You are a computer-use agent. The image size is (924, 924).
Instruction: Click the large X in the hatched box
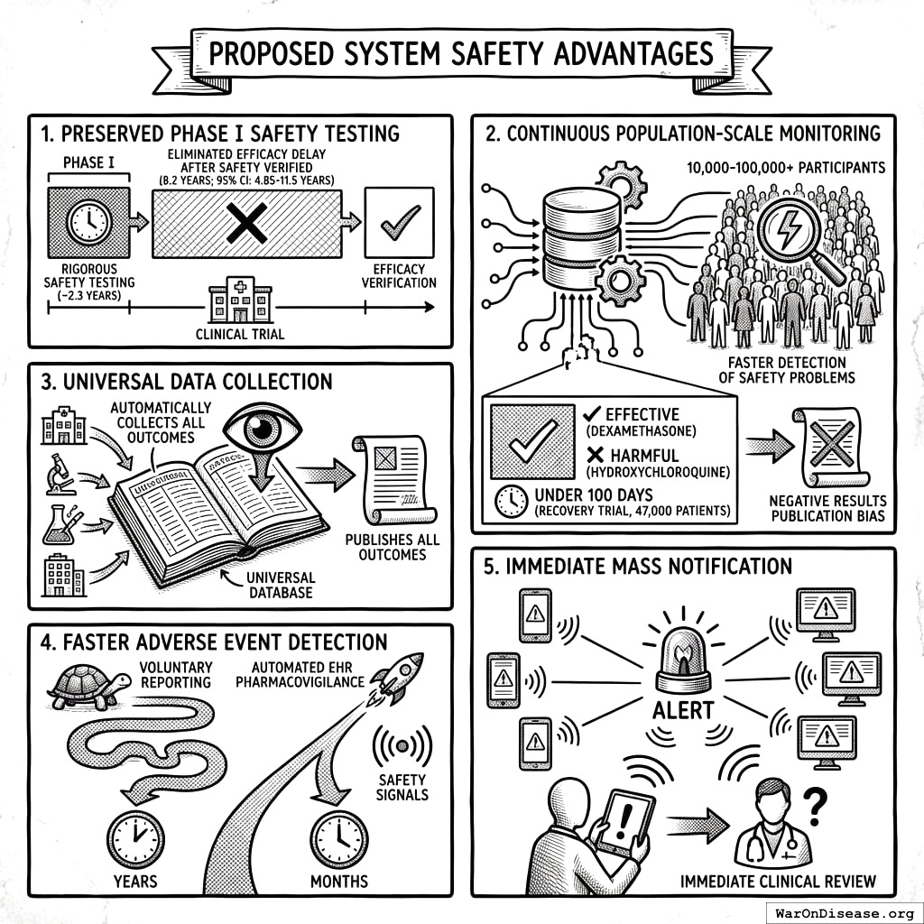(x=245, y=222)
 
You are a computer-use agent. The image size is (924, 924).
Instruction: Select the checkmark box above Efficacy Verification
(x=398, y=222)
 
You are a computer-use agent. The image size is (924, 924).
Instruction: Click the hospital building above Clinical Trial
(x=240, y=300)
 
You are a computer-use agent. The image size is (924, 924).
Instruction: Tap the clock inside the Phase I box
(x=89, y=221)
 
